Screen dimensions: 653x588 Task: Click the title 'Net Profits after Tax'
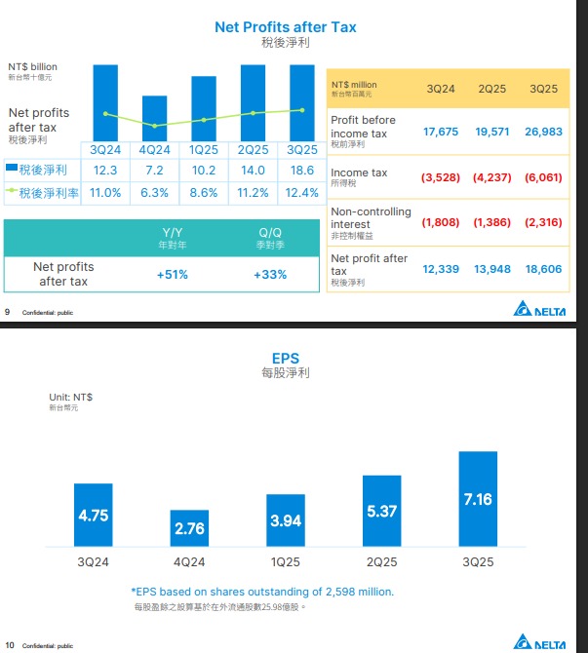[285, 26]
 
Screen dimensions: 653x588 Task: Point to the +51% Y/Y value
[172, 275]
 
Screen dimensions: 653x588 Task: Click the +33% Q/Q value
[269, 275]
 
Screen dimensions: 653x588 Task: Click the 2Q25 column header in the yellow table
[493, 89]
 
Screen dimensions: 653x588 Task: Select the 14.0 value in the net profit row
[253, 171]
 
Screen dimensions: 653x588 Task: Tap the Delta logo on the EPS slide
[549, 642]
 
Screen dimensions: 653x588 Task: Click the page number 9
[8, 312]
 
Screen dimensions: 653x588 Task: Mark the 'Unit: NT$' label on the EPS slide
[70, 397]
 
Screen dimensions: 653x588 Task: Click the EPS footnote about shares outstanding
[262, 592]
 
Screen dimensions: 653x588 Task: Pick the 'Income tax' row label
[359, 173]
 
